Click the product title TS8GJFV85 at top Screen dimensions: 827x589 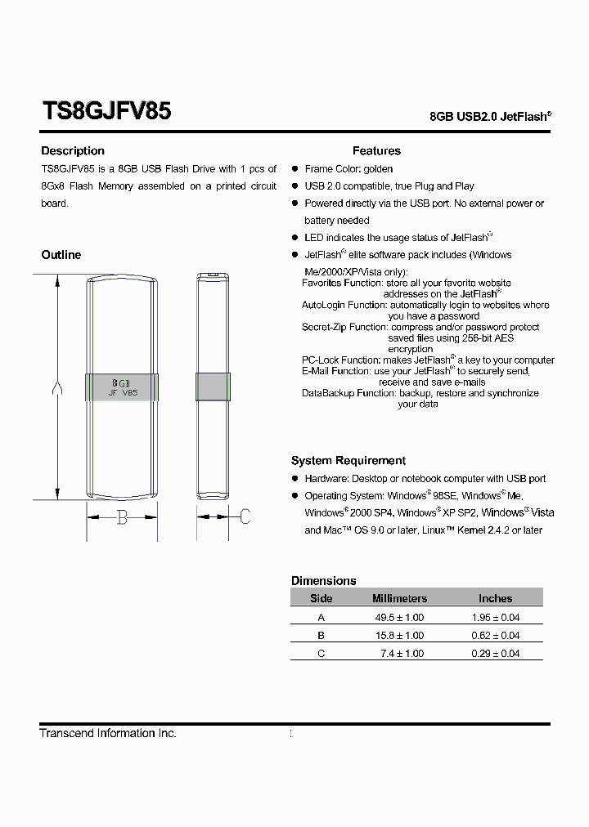106,111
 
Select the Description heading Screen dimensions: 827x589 73,150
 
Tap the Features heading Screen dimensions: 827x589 376,150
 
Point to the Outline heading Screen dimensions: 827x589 61,255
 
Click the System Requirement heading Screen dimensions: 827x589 348,461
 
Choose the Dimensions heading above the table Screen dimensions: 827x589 324,580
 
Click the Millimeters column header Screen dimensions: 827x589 399,599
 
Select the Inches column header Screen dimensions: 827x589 495,599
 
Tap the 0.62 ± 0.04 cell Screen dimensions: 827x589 495,636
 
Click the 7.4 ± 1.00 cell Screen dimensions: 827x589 402,654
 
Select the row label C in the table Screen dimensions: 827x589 321,654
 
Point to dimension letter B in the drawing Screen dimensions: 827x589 122,516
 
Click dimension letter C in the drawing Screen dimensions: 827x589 244,516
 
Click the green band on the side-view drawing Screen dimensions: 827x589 212,387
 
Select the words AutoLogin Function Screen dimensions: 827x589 344,305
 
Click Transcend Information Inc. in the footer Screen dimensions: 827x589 108,733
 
